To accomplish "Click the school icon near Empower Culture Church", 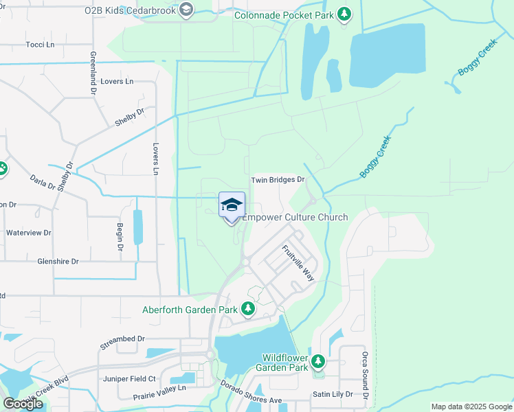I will [x=232, y=205].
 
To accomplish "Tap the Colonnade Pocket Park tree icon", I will [x=346, y=14].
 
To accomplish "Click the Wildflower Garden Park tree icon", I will [x=317, y=361].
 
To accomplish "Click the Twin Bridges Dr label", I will [x=278, y=180].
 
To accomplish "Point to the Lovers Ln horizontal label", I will [x=116, y=82].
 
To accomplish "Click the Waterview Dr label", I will [x=29, y=233].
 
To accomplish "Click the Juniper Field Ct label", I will [x=128, y=378].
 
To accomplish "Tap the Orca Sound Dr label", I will [x=366, y=376].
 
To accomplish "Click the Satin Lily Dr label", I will [x=333, y=394].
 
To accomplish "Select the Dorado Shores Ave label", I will [x=252, y=395].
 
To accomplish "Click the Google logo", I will [x=23, y=404].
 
